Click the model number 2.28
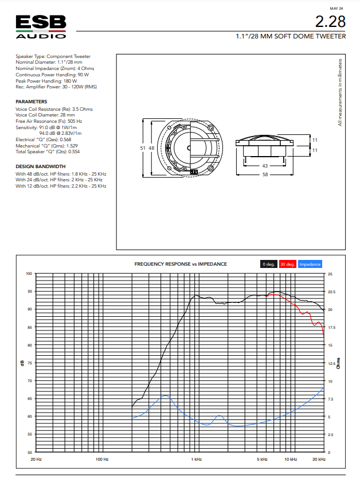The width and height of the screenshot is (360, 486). (x=331, y=22)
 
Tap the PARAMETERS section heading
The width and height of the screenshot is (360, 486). (x=32, y=102)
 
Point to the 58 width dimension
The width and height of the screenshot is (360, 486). (x=265, y=174)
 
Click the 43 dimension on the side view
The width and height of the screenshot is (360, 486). (x=265, y=166)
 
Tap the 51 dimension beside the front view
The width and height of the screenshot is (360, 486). (x=143, y=148)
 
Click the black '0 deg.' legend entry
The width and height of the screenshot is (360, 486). (x=268, y=264)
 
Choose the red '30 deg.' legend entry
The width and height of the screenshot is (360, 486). (x=287, y=264)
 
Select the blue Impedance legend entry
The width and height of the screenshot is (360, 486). (x=310, y=264)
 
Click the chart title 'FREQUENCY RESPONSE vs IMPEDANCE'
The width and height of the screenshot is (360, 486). (x=181, y=264)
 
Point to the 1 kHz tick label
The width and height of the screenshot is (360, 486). (x=196, y=459)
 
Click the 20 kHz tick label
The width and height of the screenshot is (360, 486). (x=319, y=459)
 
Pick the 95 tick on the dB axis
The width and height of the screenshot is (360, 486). (x=29, y=291)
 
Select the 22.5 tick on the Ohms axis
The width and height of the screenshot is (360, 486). (x=331, y=292)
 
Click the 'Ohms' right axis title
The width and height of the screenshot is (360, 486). (x=338, y=363)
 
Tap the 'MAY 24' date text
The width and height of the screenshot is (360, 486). (x=336, y=9)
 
